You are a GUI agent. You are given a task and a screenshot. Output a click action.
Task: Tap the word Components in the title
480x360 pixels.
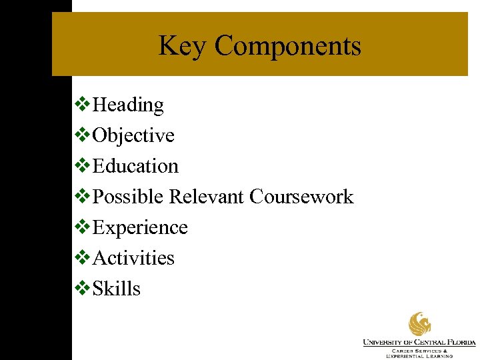pos(287,47)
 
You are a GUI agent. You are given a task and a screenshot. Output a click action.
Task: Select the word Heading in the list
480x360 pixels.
pos(128,105)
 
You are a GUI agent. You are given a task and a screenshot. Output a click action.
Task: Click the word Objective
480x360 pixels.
pos(133,136)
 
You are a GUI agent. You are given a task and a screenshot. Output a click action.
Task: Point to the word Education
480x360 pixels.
pos(135,166)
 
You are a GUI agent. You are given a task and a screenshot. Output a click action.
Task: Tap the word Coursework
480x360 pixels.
pos(301,197)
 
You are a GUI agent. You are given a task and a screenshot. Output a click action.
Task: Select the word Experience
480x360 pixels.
pos(140,227)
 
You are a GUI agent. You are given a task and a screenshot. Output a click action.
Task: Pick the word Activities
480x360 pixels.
pos(133,258)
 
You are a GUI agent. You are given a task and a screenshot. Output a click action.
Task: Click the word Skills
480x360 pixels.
pos(117,289)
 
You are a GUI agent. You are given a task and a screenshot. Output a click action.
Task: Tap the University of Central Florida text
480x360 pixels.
pos(419,343)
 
